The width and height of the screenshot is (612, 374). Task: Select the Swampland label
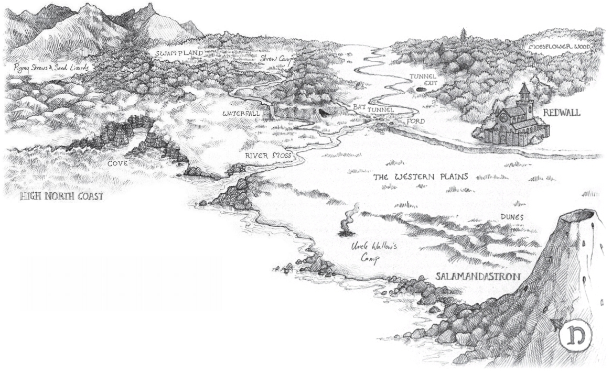point(178,53)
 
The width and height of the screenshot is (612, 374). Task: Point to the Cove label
point(118,163)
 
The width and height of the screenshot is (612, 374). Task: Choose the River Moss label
point(267,156)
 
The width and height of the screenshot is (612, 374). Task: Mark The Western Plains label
point(420,177)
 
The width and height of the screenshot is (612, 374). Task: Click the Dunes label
point(512,216)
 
